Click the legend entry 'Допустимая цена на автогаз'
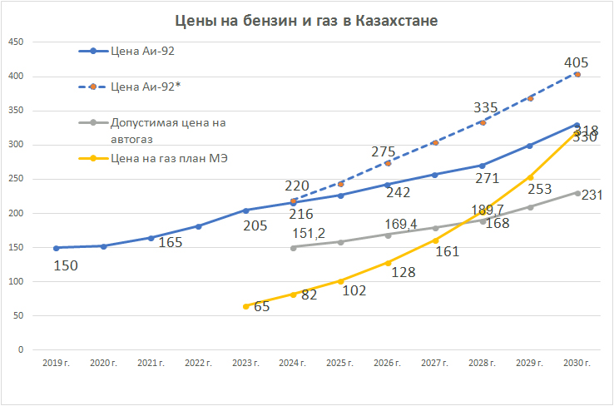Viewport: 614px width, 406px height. [166, 130]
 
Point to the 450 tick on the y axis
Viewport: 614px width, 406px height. [16, 42]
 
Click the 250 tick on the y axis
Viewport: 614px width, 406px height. [16, 179]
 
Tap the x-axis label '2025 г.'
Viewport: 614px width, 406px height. [340, 364]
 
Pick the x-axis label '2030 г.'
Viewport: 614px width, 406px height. [577, 364]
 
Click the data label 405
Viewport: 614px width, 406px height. [576, 62]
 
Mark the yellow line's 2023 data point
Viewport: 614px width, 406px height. [245, 306]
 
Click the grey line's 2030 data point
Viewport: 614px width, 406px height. [577, 192]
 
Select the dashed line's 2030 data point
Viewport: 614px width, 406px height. [577, 74]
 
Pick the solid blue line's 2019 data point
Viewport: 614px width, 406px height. [56, 248]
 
